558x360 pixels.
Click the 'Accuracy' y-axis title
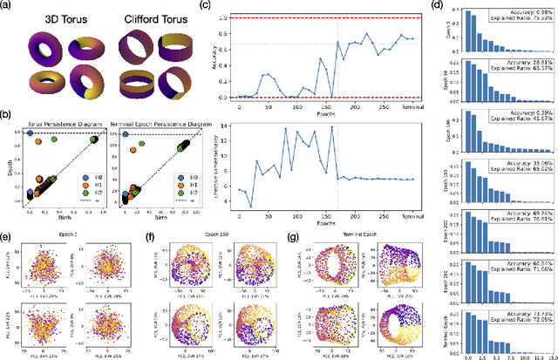[x=217, y=57]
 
